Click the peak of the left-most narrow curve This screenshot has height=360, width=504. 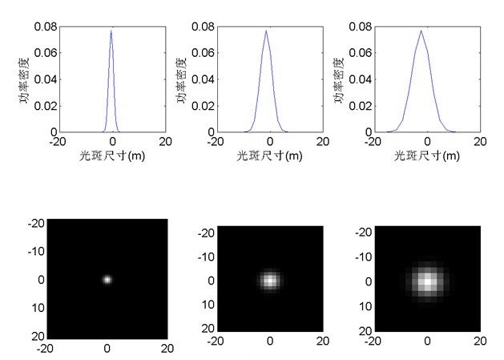pyautogui.click(x=111, y=31)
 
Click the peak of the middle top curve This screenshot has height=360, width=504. pyautogui.click(x=266, y=31)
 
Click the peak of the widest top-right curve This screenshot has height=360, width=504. pyautogui.click(x=421, y=31)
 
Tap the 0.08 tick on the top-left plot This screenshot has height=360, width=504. pyautogui.click(x=45, y=26)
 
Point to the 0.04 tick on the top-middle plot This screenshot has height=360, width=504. pyautogui.click(x=201, y=79)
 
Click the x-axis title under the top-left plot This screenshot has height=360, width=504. pyautogui.click(x=111, y=156)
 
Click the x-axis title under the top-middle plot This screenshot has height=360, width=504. pyautogui.click(x=269, y=156)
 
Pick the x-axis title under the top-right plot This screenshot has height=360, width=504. pyautogui.click(x=426, y=156)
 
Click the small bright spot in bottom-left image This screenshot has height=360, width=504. pyautogui.click(x=107, y=280)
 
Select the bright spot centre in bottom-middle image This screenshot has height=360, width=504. pyautogui.click(x=270, y=281)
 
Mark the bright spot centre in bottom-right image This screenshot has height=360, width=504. pyautogui.click(x=428, y=281)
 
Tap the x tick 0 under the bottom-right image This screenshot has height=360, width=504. pyautogui.click(x=428, y=341)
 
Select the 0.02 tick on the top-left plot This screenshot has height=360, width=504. pyautogui.click(x=45, y=106)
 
